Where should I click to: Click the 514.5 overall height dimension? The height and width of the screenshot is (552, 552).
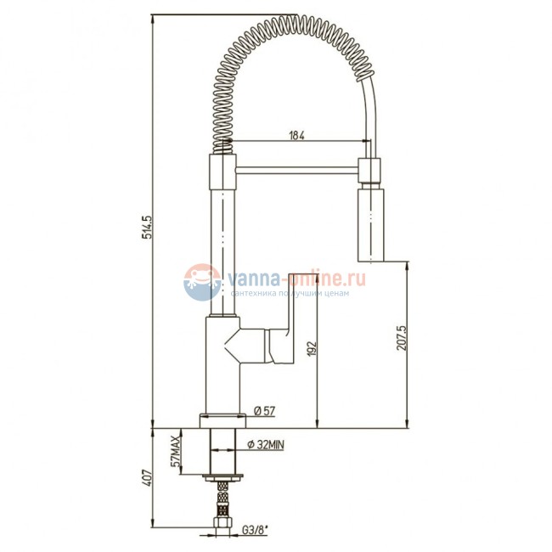coord(146,227)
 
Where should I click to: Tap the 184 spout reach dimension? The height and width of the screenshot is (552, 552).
coord(296,136)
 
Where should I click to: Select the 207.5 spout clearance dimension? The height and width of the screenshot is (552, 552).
coord(402,338)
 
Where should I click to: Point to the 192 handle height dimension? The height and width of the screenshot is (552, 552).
coord(312,348)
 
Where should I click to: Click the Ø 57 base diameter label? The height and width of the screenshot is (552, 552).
coord(264,411)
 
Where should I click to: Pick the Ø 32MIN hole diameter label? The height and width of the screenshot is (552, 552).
coord(266,445)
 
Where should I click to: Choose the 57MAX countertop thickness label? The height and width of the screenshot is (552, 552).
coord(175,451)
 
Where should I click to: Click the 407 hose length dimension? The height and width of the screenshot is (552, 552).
coord(146,478)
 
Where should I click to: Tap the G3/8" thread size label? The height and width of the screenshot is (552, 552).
coord(256,529)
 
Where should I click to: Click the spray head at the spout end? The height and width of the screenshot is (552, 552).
coord(370,225)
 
